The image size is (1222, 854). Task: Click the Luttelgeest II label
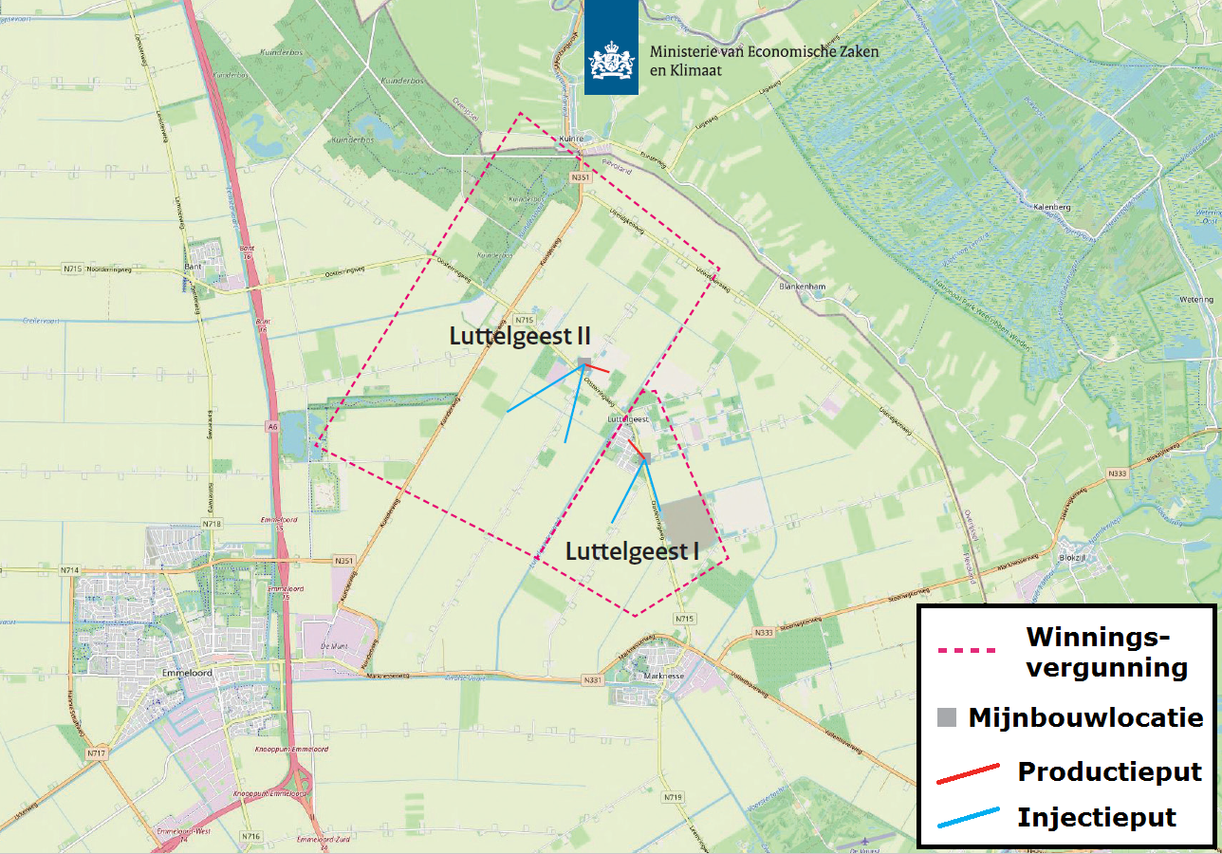coord(520,335)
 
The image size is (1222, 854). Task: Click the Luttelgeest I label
coord(632,551)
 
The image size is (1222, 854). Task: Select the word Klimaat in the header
coord(694,70)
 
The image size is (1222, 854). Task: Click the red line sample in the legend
coord(968,773)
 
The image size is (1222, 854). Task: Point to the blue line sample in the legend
coord(968,817)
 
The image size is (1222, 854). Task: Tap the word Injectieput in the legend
coord(1097,817)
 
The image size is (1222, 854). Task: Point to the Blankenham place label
coord(797,286)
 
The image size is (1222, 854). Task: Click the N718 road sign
coord(212,524)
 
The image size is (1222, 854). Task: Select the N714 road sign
coord(68,569)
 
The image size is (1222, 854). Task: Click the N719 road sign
coord(673,797)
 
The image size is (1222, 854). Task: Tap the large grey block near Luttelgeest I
coord(685,523)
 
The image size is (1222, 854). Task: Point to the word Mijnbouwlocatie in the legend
coord(1085,717)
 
